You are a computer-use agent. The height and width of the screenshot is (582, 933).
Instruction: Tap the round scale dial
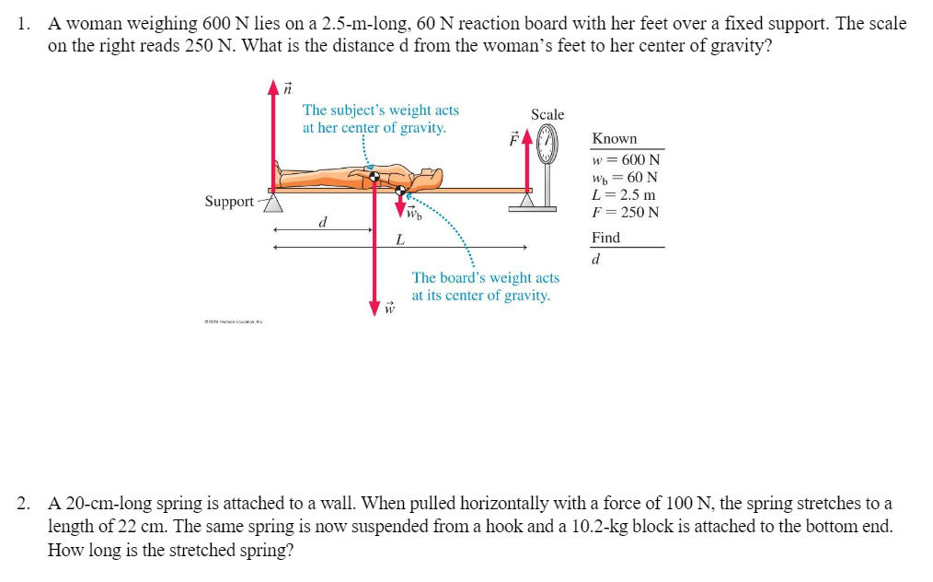[548, 144]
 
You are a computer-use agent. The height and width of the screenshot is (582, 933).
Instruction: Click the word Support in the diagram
[229, 201]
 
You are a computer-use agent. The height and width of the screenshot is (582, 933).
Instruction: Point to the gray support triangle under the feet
[273, 203]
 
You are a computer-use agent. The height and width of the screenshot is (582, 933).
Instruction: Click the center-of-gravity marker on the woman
[374, 177]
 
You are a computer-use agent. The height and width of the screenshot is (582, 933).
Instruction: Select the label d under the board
[322, 222]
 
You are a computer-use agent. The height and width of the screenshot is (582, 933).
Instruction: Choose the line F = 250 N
[627, 212]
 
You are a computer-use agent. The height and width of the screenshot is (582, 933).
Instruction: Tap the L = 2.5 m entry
[625, 194]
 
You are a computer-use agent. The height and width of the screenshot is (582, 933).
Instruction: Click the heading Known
[615, 138]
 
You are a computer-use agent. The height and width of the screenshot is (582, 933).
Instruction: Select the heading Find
[605, 237]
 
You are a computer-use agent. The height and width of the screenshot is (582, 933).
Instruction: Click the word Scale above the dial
[547, 114]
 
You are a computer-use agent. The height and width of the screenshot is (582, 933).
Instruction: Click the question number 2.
[24, 504]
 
